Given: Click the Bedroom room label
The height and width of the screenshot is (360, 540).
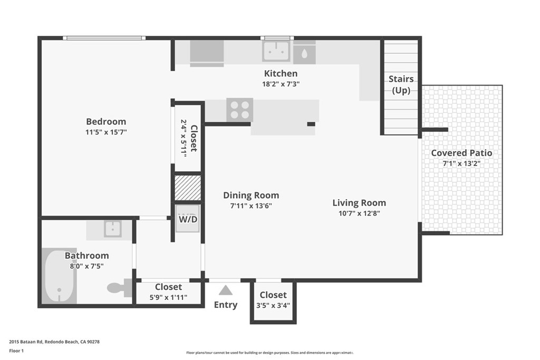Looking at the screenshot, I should (106, 122).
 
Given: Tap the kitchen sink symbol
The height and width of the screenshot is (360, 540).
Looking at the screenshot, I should (277, 51).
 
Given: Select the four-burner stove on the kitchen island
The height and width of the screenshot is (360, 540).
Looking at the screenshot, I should (239, 110).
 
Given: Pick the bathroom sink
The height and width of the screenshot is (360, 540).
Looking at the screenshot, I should (112, 229).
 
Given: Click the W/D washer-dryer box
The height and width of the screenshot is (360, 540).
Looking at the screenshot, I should (188, 219).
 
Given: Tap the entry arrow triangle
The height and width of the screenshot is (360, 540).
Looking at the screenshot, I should (226, 290).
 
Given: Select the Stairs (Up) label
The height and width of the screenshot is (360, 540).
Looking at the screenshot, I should (401, 84).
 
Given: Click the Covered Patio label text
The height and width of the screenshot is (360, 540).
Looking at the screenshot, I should (461, 153).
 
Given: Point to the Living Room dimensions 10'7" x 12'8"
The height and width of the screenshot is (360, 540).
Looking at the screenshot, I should (359, 213).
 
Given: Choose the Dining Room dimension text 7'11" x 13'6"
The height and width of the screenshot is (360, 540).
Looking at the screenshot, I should (250, 206).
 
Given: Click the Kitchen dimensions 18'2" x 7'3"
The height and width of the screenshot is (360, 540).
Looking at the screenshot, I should (281, 84).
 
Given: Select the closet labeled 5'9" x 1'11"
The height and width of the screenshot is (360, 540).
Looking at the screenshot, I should (168, 292).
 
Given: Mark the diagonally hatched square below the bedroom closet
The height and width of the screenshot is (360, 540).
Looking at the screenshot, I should (188, 188).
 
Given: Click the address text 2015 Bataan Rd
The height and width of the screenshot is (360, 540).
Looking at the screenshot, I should (54, 342).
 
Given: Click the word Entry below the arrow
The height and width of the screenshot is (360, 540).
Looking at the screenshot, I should (226, 305).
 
